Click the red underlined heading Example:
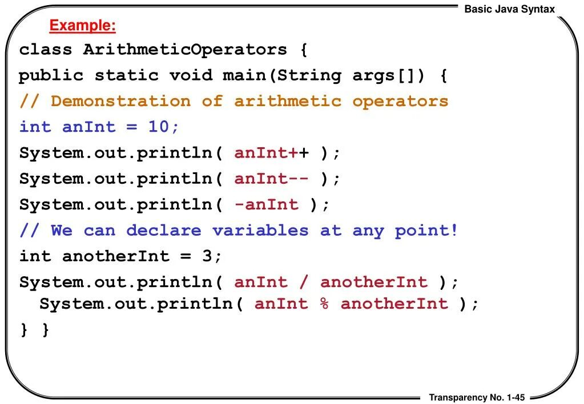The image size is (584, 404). pyautogui.click(x=82, y=26)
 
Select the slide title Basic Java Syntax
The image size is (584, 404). pyautogui.click(x=509, y=9)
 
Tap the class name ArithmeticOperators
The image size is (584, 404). pyautogui.click(x=185, y=50)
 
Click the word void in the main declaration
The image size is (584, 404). pyautogui.click(x=191, y=75)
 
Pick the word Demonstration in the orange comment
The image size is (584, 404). pyautogui.click(x=120, y=102)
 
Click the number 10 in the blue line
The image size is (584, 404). pyautogui.click(x=158, y=127)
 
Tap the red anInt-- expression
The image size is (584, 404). pyautogui.click(x=272, y=179)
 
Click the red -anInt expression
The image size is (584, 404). pyautogui.click(x=266, y=204)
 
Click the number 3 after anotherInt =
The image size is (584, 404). pyautogui.click(x=207, y=256)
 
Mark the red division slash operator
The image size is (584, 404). pyautogui.click(x=304, y=282)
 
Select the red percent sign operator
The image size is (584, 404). pyautogui.click(x=324, y=304)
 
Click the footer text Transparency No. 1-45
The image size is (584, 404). pyautogui.click(x=477, y=397)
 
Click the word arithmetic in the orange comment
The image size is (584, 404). pyautogui.click(x=288, y=102)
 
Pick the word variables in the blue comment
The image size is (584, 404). pyautogui.click(x=260, y=231)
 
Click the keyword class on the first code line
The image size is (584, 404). pyautogui.click(x=46, y=50)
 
